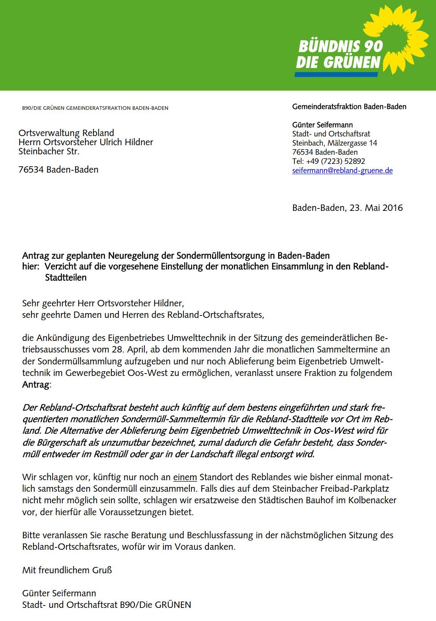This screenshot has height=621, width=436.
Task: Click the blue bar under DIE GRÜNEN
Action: pos(336,74)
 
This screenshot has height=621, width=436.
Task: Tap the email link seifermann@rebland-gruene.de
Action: pos(342,171)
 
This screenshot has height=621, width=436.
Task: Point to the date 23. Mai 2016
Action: pos(376,208)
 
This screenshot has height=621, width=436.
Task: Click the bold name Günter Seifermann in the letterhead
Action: pos(322,125)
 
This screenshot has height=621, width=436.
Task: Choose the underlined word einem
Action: pos(185,477)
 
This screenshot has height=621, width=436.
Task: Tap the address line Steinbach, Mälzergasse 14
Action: pos(335,143)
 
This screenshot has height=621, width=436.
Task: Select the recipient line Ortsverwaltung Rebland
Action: pos(66,133)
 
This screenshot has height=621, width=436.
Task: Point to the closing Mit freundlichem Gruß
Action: pos(67,570)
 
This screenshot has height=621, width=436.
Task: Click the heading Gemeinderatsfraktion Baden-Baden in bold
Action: pos(349,107)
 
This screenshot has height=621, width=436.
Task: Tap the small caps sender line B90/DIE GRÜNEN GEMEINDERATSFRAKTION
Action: pos(95,108)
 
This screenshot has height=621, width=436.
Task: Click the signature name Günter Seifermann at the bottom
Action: pos(59,593)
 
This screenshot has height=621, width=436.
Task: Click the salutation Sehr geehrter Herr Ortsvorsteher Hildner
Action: pos(103,303)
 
